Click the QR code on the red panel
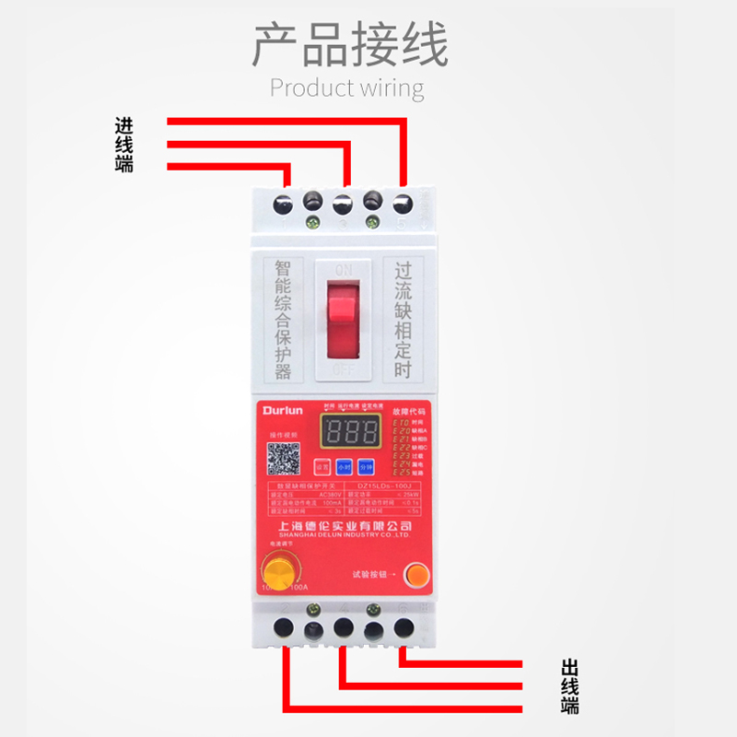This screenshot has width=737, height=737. [284, 458]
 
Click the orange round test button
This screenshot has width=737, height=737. [417, 574]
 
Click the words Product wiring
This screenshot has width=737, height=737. [346, 89]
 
